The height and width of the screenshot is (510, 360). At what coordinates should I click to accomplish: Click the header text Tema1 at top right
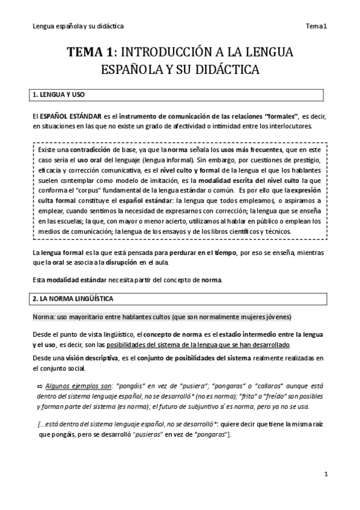click(x=316, y=26)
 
